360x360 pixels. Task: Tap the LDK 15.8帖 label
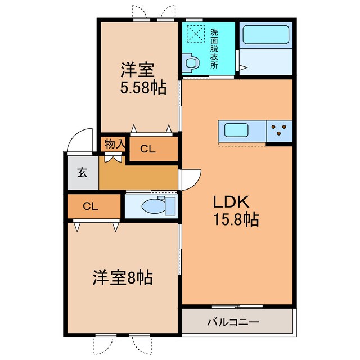235,211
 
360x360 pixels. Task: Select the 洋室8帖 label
123,277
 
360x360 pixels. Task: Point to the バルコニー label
232,322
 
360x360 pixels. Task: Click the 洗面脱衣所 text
214,48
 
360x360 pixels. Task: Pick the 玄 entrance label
82,173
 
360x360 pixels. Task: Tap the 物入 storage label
115,144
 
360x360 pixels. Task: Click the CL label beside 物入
148,149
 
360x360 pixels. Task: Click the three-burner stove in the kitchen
280,131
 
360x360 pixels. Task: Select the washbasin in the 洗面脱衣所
191,63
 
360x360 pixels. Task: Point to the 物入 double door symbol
115,158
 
